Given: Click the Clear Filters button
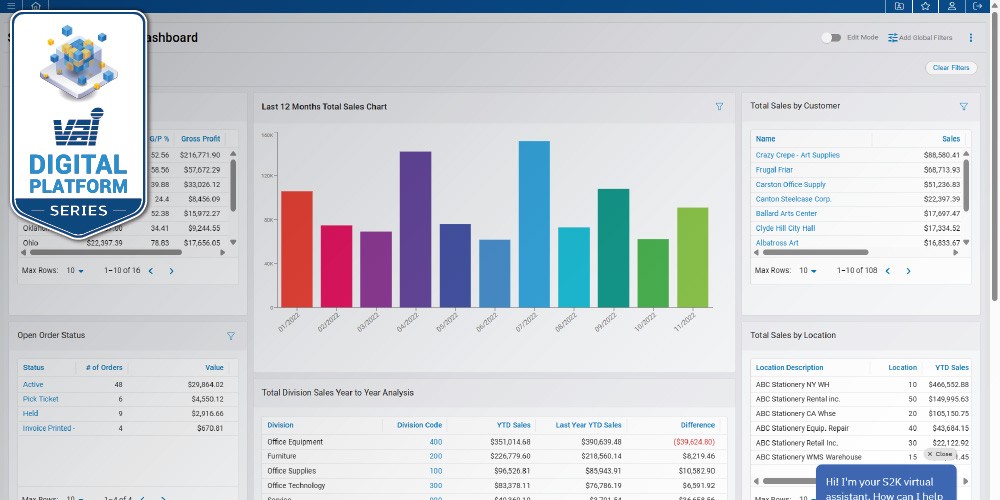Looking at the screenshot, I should pyautogui.click(x=951, y=68).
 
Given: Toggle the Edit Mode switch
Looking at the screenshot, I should pyautogui.click(x=830, y=37).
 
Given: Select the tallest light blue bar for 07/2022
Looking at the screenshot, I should pyautogui.click(x=534, y=224).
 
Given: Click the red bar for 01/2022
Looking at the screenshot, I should pyautogui.click(x=296, y=249).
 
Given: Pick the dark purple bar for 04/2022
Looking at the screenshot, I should pyautogui.click(x=415, y=229).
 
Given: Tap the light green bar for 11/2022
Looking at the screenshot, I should pyautogui.click(x=692, y=257).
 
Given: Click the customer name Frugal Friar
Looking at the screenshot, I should pyautogui.click(x=774, y=170).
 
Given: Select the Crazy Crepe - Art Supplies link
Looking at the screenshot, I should pyautogui.click(x=797, y=155).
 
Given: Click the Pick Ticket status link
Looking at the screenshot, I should pyautogui.click(x=40, y=399).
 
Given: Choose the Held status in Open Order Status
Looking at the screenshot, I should pyautogui.click(x=31, y=413).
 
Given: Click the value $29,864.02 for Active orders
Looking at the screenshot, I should pyautogui.click(x=201, y=384).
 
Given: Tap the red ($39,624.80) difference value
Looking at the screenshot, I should pyautogui.click(x=687, y=441).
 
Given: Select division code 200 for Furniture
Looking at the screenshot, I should pyautogui.click(x=435, y=455).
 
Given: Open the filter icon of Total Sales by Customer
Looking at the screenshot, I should pyautogui.click(x=963, y=106).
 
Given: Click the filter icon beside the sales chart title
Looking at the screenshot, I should pyautogui.click(x=719, y=106).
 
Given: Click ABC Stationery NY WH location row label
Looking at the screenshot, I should pyautogui.click(x=792, y=384).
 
